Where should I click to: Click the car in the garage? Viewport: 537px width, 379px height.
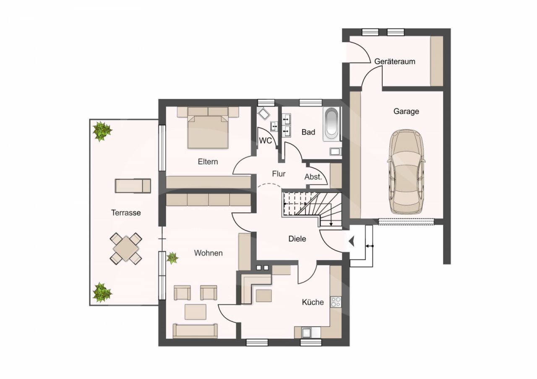coord(406,172)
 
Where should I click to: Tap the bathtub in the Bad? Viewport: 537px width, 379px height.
coord(331,124)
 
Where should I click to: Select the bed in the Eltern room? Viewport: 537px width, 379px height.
coord(208,128)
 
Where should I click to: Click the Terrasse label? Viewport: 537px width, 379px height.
coord(126,212)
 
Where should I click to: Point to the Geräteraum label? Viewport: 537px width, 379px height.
coord(395,62)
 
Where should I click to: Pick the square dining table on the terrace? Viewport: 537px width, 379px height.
coord(126,249)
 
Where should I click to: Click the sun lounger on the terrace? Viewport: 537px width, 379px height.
coord(133,186)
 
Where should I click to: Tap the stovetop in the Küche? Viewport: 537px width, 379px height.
coord(336,302)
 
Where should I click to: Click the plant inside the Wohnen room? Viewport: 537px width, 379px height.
coord(172,258)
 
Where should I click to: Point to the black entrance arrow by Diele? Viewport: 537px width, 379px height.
coord(352,241)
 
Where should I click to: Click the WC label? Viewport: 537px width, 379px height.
coord(266,141)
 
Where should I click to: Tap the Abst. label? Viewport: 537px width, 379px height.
coord(313,177)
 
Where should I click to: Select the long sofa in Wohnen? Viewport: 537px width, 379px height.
coord(195,331)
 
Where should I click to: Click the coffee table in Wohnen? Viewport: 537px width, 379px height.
coord(196,312)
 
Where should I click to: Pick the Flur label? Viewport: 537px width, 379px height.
coord(279,174)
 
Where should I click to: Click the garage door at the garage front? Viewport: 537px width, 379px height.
coord(407,221)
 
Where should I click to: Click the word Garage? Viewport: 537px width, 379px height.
coord(406,111)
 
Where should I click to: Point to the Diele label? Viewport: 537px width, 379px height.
coord(297,239)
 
